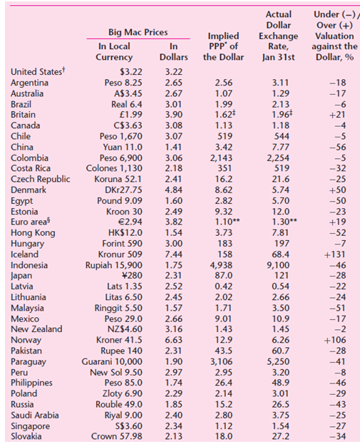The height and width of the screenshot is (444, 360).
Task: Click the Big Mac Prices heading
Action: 138,33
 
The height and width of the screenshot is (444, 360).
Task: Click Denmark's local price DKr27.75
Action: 123,190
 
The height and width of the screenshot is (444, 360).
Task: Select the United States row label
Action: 36,71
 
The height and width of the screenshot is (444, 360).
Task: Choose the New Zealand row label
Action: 36,329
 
